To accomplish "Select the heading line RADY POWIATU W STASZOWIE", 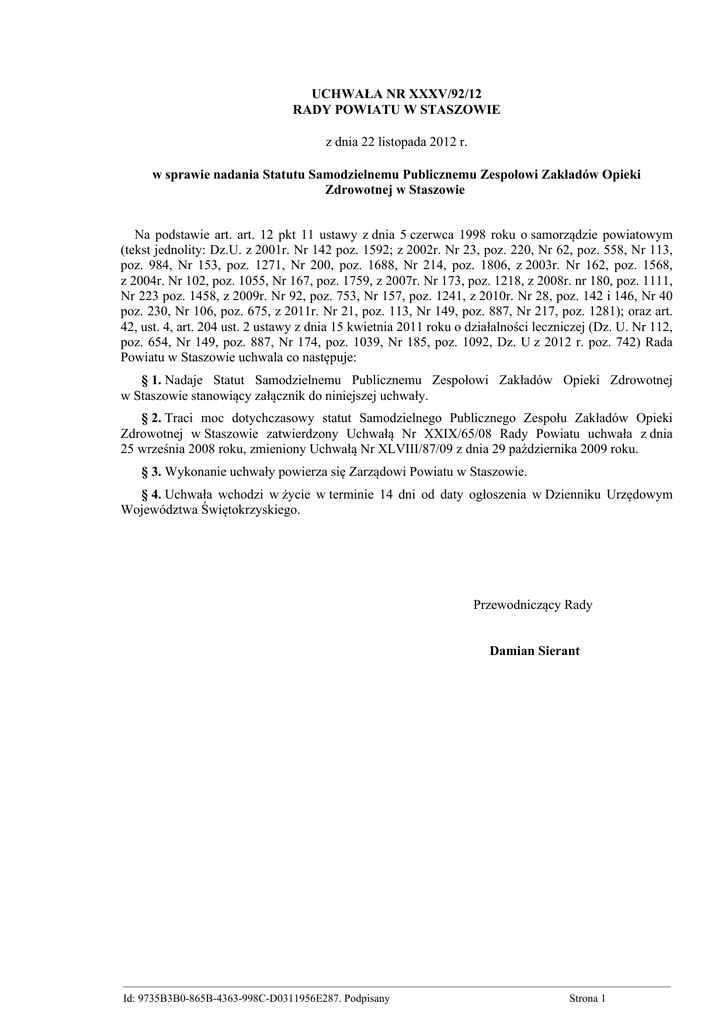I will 395,108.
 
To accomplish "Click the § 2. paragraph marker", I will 151,415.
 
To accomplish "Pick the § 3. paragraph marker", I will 151,472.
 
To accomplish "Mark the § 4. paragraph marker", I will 151,494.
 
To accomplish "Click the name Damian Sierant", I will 534,651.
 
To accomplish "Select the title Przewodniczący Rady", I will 532,605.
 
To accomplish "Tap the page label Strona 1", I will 588,998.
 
